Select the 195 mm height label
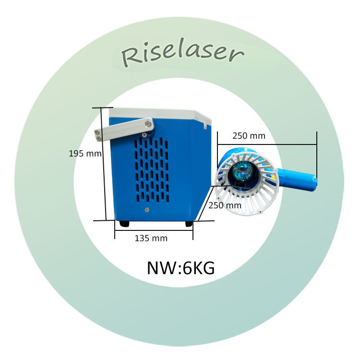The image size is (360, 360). (x=85, y=154)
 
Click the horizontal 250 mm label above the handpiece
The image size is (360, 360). (x=249, y=136)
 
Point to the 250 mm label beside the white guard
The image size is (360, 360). (x=224, y=205)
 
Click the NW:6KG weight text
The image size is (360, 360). (x=180, y=268)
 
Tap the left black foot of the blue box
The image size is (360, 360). (x=124, y=223)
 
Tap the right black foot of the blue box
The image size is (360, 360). (x=189, y=223)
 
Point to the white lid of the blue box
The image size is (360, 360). (x=158, y=114)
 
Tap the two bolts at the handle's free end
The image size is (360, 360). (x=99, y=135)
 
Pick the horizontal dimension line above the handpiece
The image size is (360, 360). (x=267, y=144)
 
